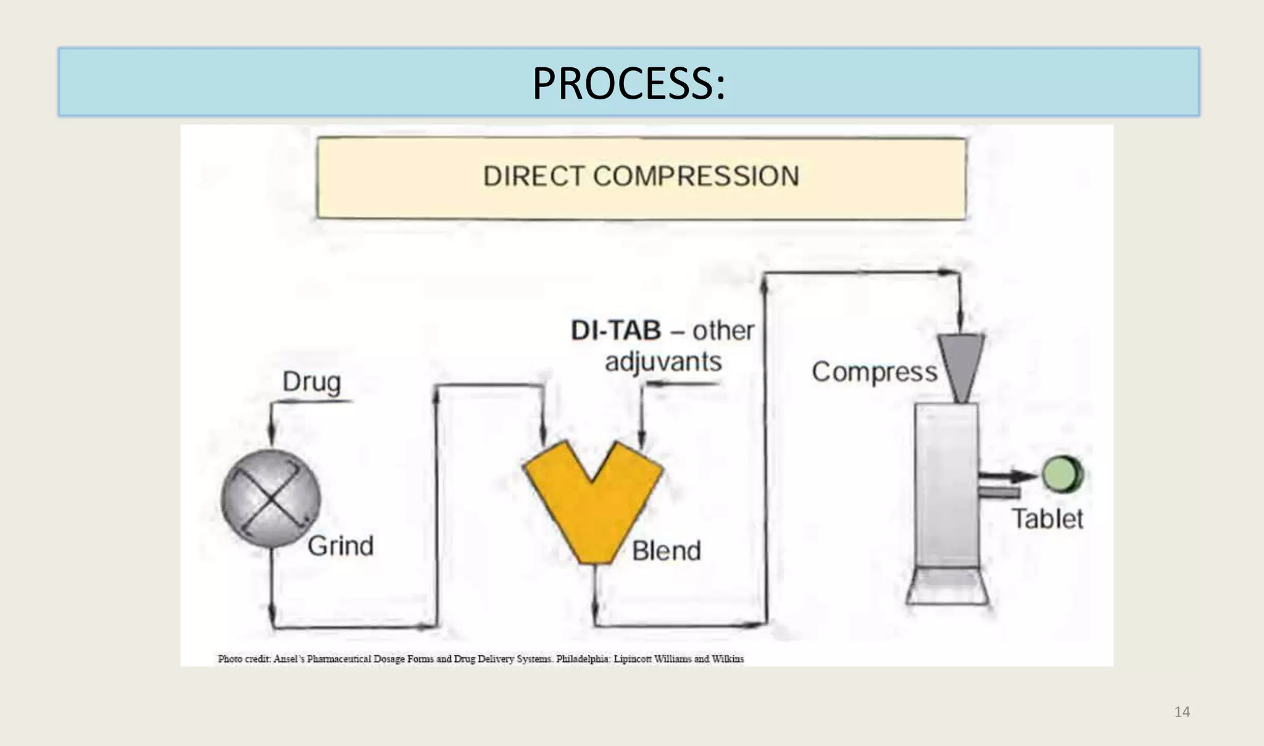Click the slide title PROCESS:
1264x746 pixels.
628,83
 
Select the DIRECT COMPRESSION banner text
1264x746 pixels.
641,176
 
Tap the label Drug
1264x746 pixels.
311,382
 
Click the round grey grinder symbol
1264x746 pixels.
271,498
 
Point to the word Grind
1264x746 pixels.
340,546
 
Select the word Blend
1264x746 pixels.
666,550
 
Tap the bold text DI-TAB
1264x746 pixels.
615,331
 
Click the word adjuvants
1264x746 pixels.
663,362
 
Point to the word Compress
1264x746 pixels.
874,372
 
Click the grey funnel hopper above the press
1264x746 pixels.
960,364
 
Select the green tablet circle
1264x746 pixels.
1062,474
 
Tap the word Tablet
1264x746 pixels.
1047,519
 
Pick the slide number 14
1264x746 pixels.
1182,712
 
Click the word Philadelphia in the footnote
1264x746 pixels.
583,659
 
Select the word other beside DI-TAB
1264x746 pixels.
723,331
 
